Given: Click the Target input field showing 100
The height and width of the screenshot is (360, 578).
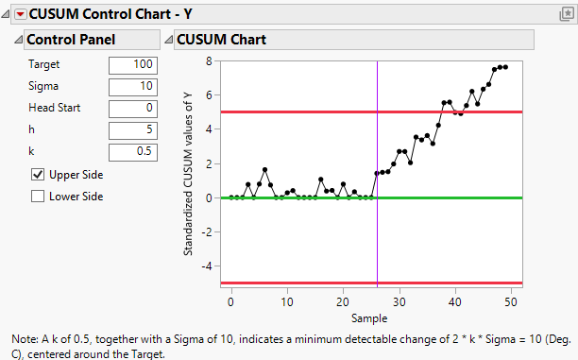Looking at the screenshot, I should (x=133, y=64).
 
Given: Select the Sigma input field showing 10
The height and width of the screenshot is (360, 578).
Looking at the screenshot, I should (x=133, y=86).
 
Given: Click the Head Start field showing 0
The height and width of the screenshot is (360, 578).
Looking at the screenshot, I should (x=133, y=108).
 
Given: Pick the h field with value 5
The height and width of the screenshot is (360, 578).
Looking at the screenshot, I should (x=133, y=130).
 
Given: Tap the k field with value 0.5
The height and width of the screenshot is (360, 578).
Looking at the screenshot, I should (x=133, y=152).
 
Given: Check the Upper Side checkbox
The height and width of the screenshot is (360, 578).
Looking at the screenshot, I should (x=38, y=175).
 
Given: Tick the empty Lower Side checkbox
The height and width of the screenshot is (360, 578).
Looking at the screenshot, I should (x=38, y=197).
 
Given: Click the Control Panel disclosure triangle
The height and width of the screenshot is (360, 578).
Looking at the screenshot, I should (x=18, y=40).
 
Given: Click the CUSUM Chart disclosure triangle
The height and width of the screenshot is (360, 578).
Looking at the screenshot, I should (x=169, y=40).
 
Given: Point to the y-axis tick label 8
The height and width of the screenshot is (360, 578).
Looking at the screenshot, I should (x=208, y=60).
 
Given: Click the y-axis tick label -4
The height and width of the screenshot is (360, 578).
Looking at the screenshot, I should (x=205, y=266).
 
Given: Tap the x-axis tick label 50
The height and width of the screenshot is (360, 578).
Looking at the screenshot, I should (x=511, y=300).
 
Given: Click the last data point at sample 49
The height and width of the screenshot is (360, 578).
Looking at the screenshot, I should (x=505, y=67).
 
